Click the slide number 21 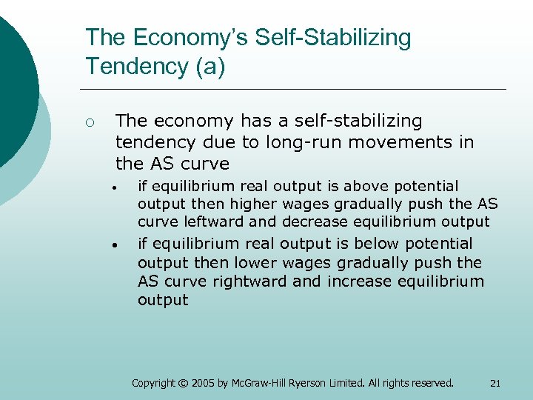(x=495, y=383)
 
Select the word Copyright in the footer (x=152, y=383)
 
